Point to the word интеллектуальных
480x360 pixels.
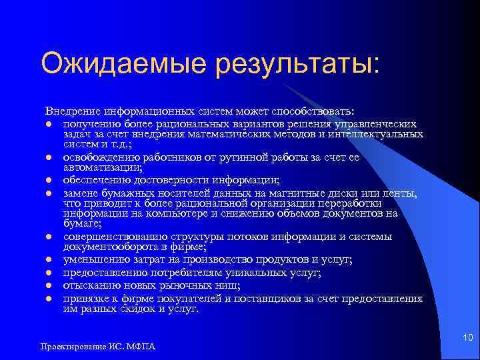(x=377, y=133)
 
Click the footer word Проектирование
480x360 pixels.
(x=69, y=347)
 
